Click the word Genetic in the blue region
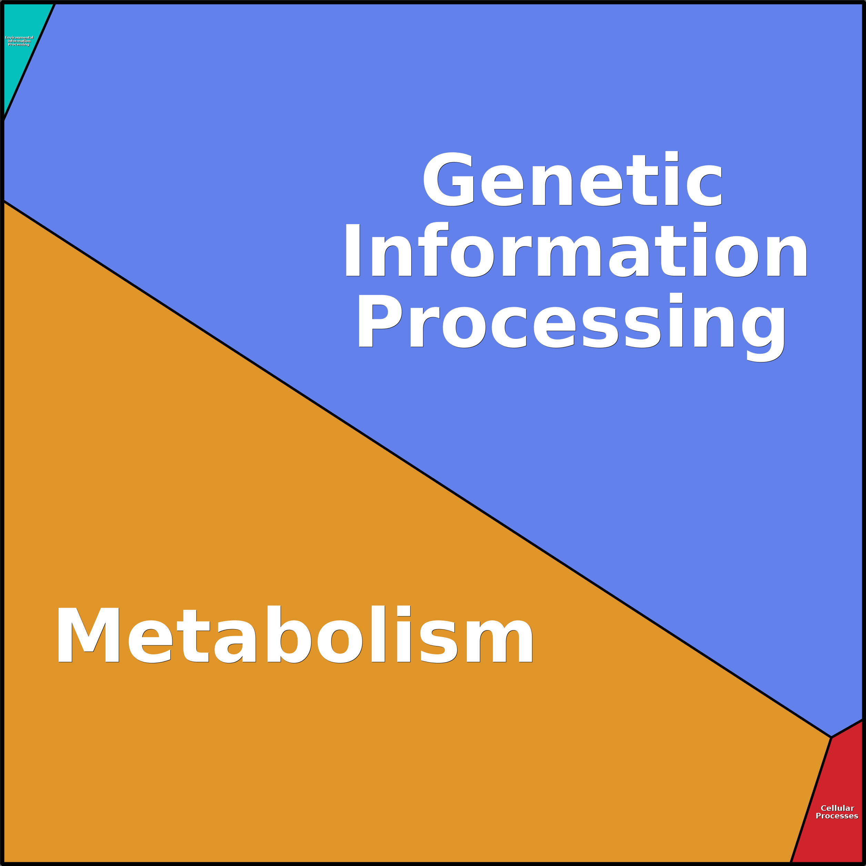coord(572,179)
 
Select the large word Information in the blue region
coord(576,250)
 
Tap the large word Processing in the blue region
coord(571,327)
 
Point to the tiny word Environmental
coord(19,38)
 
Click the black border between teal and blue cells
coord(28,62)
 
